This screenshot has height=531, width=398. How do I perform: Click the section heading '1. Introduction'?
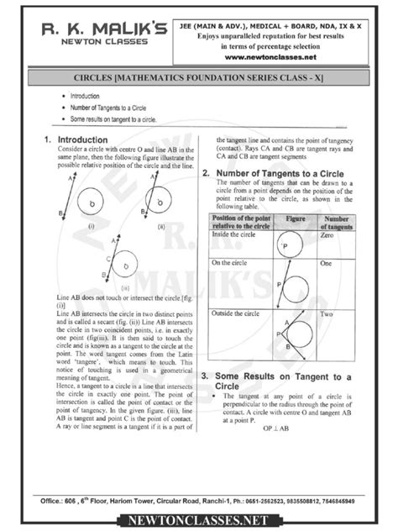pyautogui.click(x=75, y=139)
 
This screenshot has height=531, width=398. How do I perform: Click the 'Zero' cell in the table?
pyautogui.click(x=329, y=236)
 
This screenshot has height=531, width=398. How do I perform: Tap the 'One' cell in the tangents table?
pyautogui.click(x=328, y=264)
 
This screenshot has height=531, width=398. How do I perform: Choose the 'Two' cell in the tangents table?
pyautogui.click(x=328, y=313)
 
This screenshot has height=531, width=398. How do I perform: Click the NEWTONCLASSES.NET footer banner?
pyautogui.click(x=199, y=520)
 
